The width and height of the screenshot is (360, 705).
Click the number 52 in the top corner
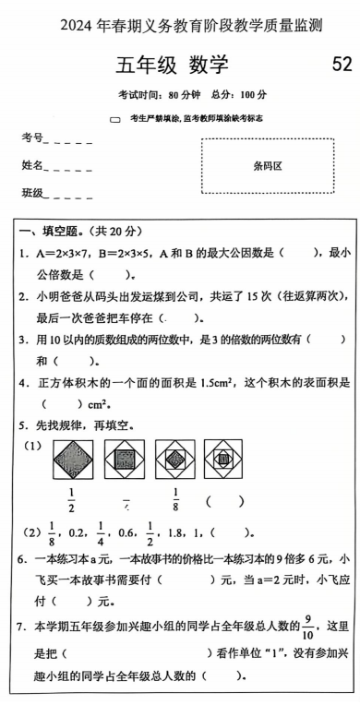[341, 64]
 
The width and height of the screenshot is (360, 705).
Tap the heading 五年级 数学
[172, 66]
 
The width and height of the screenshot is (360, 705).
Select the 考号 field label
[32, 138]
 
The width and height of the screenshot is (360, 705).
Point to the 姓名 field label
[32, 166]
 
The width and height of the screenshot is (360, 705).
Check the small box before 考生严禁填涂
[115, 119]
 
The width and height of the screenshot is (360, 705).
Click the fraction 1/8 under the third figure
[174, 500]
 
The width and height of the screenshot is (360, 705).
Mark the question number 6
[22, 559]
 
